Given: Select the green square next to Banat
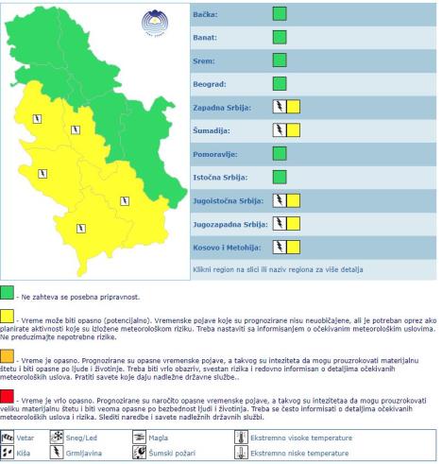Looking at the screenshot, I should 280,38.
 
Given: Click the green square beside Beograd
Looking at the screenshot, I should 280,84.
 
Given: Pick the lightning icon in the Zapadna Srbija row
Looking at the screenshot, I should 279,107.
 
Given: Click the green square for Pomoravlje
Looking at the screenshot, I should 280,153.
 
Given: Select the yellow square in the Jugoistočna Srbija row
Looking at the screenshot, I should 293,200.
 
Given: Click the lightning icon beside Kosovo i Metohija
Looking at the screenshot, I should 279,247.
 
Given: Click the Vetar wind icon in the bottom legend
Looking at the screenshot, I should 9,438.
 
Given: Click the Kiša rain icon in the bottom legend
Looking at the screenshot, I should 9,454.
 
